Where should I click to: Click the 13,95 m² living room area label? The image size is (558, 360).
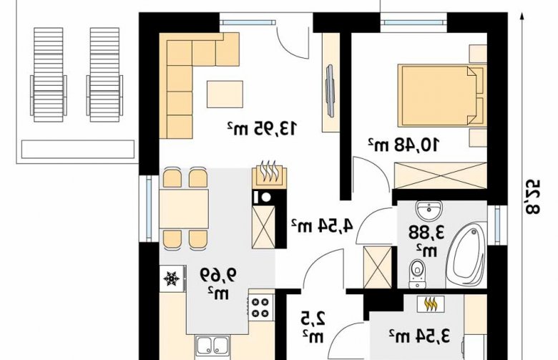point(262,128)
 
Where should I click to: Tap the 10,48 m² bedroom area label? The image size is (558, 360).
point(403,145)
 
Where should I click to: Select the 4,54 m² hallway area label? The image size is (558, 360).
point(323,225)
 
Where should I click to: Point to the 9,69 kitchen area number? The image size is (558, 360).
point(218,275)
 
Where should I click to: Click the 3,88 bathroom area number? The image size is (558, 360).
point(426,233)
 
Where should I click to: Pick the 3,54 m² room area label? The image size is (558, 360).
point(419,336)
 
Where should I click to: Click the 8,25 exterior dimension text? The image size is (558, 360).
point(532,197)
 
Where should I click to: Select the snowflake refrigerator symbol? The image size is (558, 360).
point(171,278)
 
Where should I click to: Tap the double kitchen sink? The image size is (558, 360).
point(213,347)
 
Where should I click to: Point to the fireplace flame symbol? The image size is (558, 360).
point(270,172)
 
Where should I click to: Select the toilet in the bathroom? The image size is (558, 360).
point(417,273)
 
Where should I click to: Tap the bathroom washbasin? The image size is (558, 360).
point(429,211)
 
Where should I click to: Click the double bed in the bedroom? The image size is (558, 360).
point(441,95)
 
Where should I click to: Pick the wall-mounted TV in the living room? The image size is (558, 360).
point(330,90)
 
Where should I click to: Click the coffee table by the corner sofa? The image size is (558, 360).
point(225,94)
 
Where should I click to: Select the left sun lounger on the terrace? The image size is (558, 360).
point(49,75)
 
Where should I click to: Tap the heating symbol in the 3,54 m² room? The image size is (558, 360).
point(431,303)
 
